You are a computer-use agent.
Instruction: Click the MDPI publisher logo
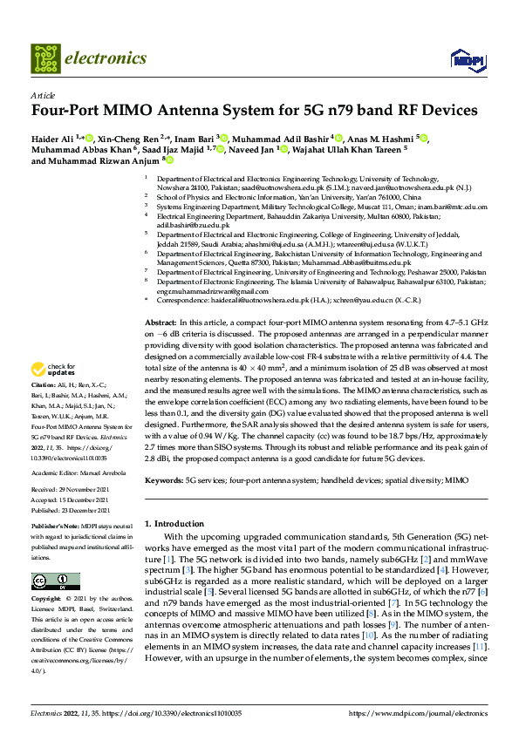click(463, 59)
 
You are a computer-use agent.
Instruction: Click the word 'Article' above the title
click(43, 95)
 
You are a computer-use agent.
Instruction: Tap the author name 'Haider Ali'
click(51, 138)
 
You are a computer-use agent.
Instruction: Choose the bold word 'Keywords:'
click(163, 480)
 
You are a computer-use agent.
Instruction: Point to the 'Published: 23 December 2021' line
click(67, 509)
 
